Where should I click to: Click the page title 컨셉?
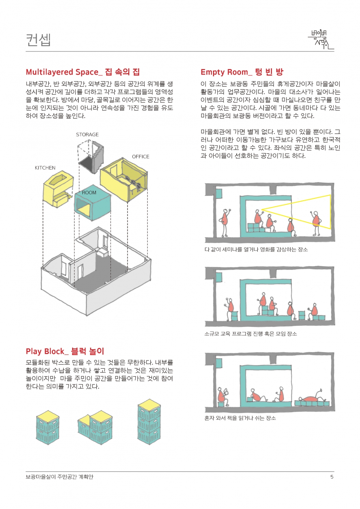(x=38, y=40)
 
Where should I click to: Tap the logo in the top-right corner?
(x=321, y=40)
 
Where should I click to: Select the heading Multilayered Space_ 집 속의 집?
(x=82, y=72)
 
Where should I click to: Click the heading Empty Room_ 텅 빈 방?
(x=242, y=72)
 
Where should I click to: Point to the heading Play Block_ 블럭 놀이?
(x=65, y=351)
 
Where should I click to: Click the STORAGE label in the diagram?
(x=87, y=135)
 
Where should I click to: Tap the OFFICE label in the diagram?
(x=141, y=157)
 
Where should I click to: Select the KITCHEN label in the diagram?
(x=45, y=168)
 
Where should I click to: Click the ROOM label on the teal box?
(x=89, y=193)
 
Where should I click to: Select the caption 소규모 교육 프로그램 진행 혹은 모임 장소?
(x=250, y=334)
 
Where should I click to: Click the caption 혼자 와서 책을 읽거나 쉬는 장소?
(x=240, y=418)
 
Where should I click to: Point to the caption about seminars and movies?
(x=256, y=249)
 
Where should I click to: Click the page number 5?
(x=332, y=477)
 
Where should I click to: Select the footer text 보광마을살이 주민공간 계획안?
(x=59, y=477)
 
